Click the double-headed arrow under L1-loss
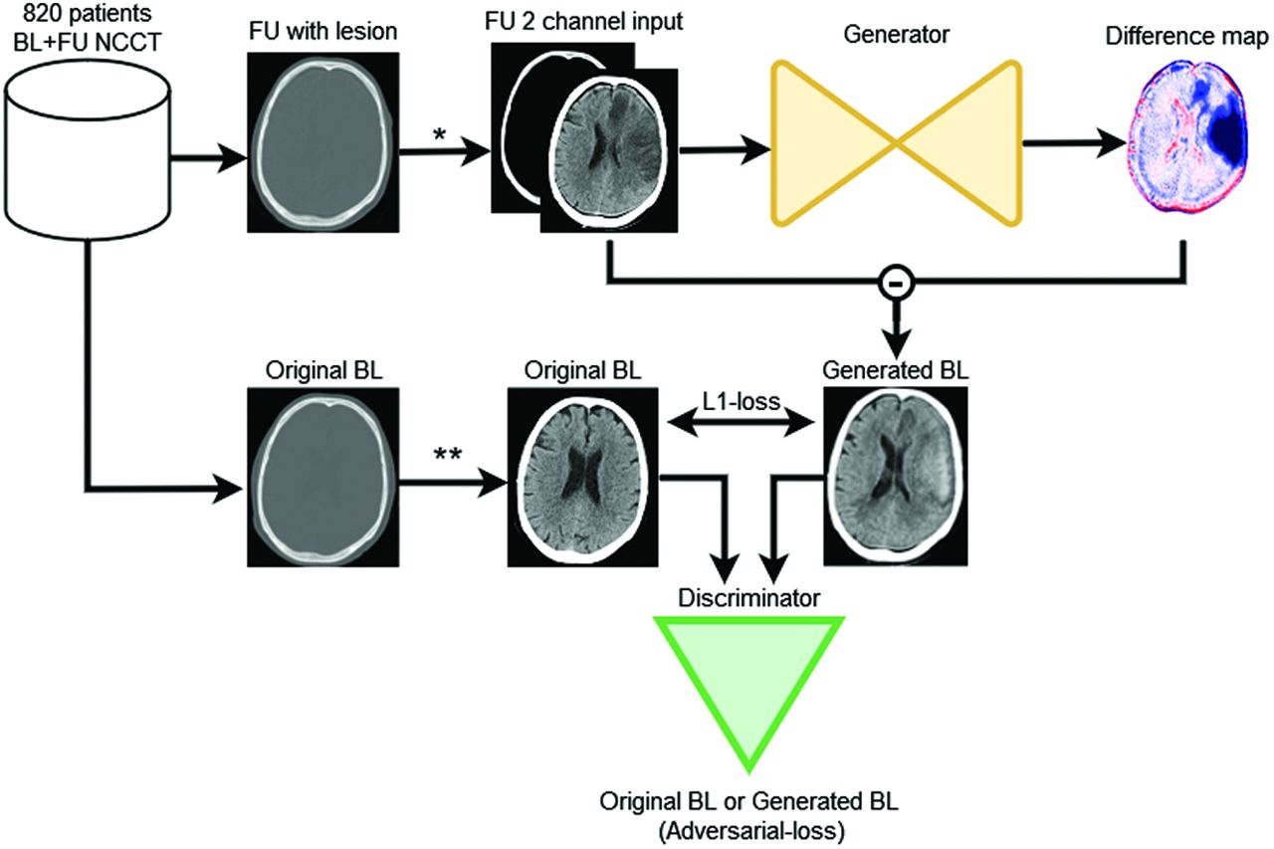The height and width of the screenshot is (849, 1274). pos(741,423)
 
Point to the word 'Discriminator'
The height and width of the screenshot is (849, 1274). pos(749,598)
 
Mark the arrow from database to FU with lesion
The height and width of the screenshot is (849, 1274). pos(208,156)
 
